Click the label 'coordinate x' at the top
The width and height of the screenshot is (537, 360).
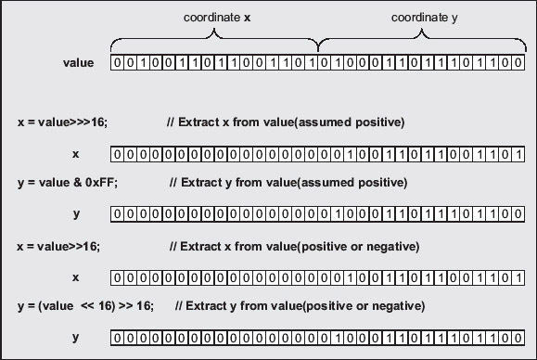click(x=217, y=18)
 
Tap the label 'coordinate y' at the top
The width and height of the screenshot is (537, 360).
click(x=425, y=18)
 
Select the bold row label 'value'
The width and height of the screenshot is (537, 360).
click(x=78, y=63)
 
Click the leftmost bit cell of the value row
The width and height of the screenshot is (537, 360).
click(x=117, y=63)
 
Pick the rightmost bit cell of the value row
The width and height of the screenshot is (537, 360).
click(x=518, y=63)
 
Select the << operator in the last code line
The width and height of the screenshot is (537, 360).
click(x=87, y=306)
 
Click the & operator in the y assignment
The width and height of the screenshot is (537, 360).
click(x=77, y=183)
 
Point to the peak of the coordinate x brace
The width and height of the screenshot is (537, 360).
click(x=214, y=30)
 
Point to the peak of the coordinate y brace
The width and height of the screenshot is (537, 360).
click(x=422, y=30)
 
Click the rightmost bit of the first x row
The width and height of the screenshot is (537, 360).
click(x=518, y=154)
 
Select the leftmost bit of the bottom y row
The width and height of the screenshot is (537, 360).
click(x=117, y=338)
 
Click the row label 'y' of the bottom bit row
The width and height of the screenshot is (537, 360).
click(x=76, y=338)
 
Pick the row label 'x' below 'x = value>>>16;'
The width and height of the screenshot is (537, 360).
click(x=76, y=154)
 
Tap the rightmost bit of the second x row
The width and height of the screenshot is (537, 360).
click(x=518, y=277)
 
